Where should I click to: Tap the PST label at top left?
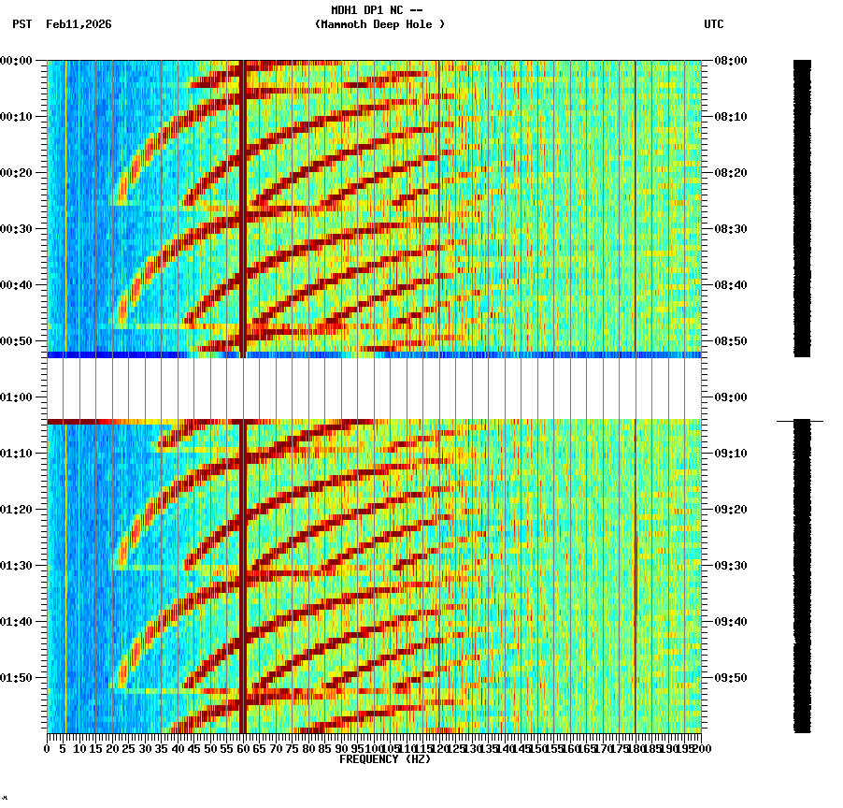22,24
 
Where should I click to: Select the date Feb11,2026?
79,24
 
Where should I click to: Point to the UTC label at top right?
714,24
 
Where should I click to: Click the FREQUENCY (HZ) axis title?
385,759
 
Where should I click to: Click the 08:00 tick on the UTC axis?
730,61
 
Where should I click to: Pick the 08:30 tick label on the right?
730,229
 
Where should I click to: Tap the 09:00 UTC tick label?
730,397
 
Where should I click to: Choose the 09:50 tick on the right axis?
730,678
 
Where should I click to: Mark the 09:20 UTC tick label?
730,510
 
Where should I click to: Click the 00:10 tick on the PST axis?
19,117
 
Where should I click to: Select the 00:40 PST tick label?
19,285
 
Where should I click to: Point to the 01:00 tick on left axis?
19,397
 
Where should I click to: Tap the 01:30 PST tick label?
19,566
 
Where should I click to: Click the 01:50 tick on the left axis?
19,678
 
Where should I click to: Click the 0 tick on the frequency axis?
48,749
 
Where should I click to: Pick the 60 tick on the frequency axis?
243,749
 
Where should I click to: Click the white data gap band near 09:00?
374,388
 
